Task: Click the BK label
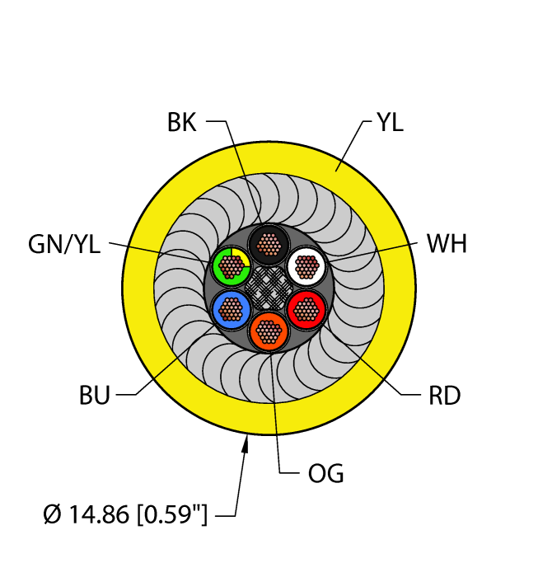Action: (x=181, y=124)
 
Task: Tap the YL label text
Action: (x=390, y=124)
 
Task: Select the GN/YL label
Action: (x=63, y=245)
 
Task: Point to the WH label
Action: (x=447, y=245)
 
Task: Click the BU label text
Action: (x=95, y=396)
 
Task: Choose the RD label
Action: (x=444, y=396)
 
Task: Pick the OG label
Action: (x=325, y=474)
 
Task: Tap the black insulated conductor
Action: (x=268, y=243)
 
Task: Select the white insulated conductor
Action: (x=307, y=265)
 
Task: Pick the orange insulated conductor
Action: (x=268, y=332)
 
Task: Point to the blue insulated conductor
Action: (x=231, y=309)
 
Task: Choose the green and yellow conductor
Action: (x=231, y=265)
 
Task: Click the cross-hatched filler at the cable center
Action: (x=269, y=288)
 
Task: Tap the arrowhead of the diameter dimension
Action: (x=245, y=446)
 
